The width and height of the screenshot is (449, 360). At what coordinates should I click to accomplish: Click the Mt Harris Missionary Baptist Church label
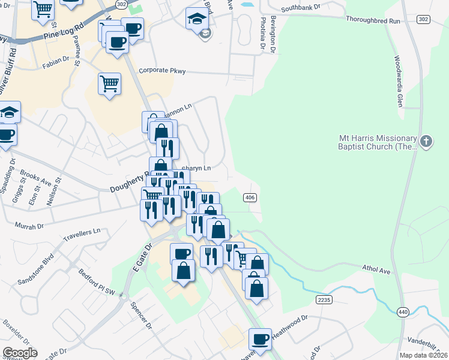coord(373,142)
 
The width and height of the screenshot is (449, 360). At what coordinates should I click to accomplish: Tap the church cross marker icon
coord(426,142)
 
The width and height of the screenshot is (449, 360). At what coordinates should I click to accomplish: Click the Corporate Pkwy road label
coord(162,71)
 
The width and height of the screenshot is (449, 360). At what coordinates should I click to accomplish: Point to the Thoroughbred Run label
coord(373,20)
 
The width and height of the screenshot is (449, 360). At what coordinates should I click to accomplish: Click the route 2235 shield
coord(324,299)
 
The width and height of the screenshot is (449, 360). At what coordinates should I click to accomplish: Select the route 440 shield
coord(403,311)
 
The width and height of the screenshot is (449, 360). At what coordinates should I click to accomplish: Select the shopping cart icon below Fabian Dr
coord(109,83)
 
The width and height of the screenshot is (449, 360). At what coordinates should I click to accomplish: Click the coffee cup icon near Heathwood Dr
coord(261,339)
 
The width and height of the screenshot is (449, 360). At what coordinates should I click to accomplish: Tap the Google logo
coord(20,353)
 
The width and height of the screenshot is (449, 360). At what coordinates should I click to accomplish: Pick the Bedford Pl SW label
coord(96,282)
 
